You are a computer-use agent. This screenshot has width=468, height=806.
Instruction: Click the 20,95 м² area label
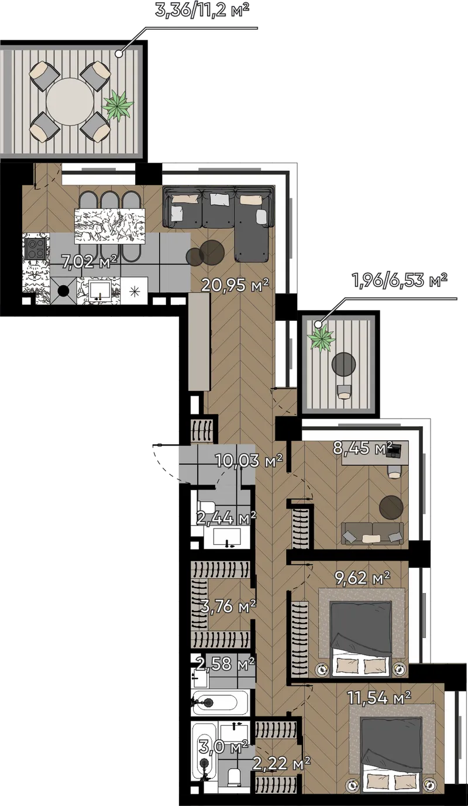pos(235,285)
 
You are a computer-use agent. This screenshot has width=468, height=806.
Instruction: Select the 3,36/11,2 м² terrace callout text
pos(202,10)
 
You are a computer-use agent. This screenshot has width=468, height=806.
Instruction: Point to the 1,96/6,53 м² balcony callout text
pos(400,280)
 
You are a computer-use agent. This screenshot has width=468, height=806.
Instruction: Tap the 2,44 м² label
pos(226,518)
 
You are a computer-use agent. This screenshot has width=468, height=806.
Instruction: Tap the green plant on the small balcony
pos(322,338)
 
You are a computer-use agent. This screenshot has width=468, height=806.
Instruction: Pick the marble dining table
pos(110,225)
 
